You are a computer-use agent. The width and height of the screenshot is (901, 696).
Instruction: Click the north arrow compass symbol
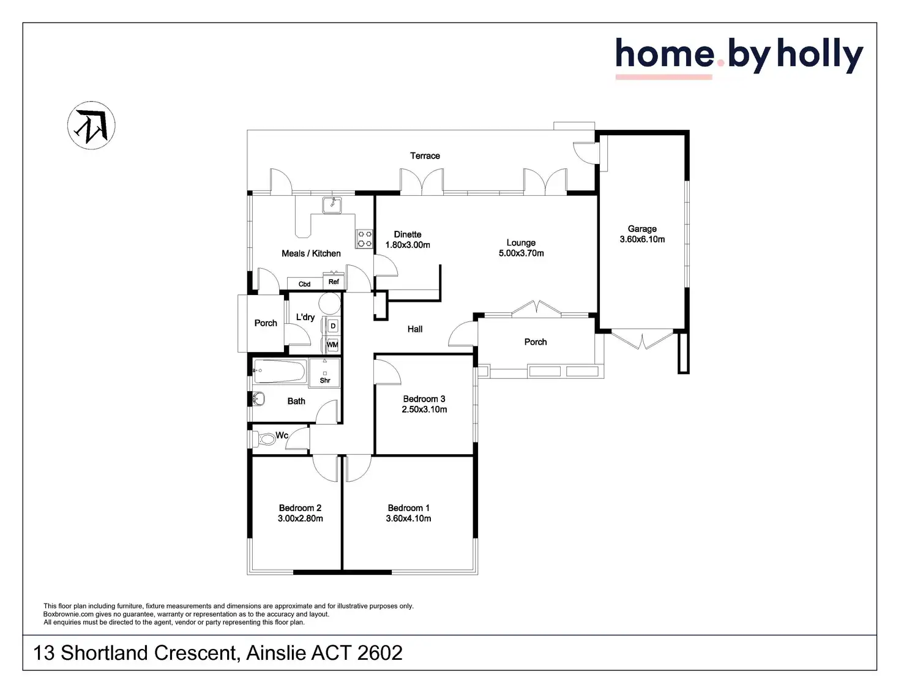click(x=91, y=125)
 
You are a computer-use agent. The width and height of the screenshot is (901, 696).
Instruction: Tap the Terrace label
click(x=425, y=156)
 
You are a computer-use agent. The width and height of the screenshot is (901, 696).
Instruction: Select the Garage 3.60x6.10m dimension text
click(x=642, y=239)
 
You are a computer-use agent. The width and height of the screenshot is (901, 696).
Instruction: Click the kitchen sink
click(x=332, y=204)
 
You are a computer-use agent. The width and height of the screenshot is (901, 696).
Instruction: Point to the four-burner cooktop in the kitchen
click(x=365, y=239)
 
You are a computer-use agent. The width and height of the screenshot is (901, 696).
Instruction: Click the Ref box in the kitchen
click(x=334, y=282)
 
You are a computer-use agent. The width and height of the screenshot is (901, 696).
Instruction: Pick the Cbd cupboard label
click(x=304, y=284)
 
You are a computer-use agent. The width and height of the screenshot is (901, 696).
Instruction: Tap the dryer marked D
click(x=333, y=326)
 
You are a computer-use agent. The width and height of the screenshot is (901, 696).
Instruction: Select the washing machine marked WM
click(x=332, y=345)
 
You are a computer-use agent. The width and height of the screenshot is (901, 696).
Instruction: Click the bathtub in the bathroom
click(x=280, y=371)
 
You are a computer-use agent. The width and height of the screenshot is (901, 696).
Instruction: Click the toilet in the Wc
click(x=265, y=439)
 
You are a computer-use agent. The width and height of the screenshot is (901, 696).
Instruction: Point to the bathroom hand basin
click(x=258, y=399)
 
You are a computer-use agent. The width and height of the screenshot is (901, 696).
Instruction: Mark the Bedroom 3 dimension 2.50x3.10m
click(x=424, y=410)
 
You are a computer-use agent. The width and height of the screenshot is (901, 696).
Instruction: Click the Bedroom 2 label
click(x=300, y=508)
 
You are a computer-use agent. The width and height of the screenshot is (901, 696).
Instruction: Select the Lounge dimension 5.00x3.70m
click(x=521, y=253)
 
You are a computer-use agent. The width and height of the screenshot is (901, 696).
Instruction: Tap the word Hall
click(x=415, y=329)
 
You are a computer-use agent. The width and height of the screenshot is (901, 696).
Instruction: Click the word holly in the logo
click(x=820, y=55)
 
